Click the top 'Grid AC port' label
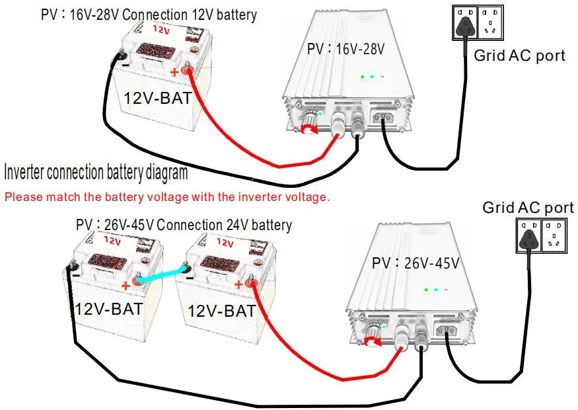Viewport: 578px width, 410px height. click(519, 56)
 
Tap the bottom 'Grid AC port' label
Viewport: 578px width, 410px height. click(528, 208)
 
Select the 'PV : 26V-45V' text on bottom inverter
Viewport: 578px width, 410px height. click(415, 263)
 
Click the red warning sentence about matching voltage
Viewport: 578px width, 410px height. click(166, 197)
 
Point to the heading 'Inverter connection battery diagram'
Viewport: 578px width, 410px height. click(96, 174)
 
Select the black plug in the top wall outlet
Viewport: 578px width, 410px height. click(468, 25)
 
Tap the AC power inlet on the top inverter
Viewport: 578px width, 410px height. click(384, 120)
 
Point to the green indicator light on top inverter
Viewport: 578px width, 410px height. click(361, 77)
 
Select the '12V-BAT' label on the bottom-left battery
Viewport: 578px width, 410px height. click(109, 309)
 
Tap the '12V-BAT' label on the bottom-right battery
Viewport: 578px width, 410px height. click(222, 310)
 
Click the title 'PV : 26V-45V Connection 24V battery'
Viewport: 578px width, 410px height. click(184, 225)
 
